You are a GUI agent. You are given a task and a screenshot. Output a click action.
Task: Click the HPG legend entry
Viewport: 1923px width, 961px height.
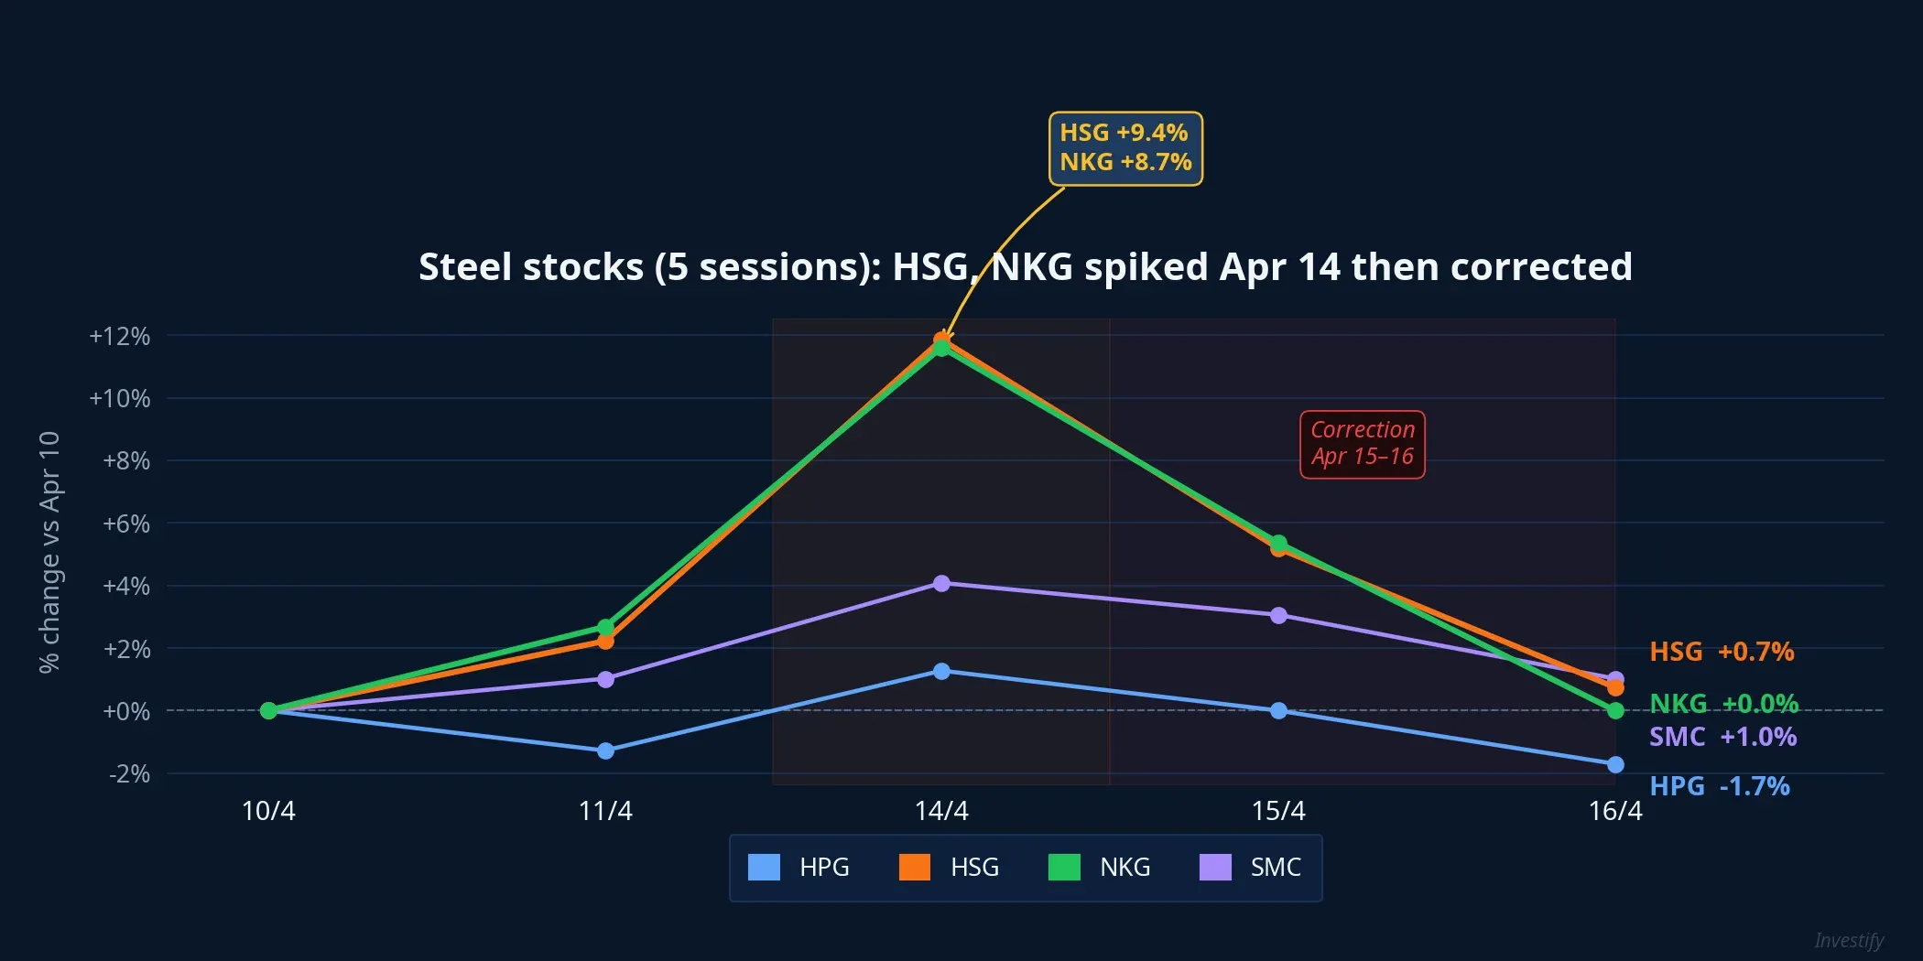[799, 867]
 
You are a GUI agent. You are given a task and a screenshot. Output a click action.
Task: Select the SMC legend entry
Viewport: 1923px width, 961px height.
[1250, 867]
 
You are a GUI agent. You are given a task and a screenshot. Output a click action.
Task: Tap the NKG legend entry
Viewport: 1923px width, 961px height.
[1099, 867]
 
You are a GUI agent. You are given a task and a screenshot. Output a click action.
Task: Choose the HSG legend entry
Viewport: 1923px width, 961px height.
[950, 867]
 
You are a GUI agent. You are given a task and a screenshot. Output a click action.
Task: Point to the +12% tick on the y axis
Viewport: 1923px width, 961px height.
[120, 336]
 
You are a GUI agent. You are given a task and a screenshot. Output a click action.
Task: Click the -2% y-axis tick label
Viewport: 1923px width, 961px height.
[129, 774]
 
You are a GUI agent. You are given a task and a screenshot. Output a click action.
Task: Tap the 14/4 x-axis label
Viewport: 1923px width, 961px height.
[941, 811]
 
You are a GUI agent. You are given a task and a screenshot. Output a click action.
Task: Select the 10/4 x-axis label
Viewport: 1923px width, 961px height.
[268, 811]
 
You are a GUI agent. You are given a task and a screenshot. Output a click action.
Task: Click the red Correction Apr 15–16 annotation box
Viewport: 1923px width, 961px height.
[1362, 444]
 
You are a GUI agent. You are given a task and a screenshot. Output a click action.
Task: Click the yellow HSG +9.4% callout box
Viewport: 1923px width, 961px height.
[1125, 148]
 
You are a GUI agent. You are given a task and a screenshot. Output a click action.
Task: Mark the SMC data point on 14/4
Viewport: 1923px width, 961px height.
[941, 584]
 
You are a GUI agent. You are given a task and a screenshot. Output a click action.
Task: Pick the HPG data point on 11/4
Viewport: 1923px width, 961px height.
[605, 750]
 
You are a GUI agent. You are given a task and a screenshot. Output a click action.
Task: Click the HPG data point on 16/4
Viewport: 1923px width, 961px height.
[1615, 764]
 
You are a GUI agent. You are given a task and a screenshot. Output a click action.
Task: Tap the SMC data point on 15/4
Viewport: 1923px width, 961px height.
[1278, 615]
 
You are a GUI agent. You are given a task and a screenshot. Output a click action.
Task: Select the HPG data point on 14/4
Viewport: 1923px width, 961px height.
[941, 671]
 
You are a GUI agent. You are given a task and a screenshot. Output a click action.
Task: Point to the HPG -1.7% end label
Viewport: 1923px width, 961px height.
[1719, 786]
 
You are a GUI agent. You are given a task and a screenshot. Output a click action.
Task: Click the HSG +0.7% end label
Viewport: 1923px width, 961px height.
[1721, 652]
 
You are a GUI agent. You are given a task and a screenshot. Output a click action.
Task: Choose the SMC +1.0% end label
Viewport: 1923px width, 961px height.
[1722, 737]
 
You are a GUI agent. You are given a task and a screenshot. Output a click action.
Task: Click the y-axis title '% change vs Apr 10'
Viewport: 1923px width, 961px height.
[49, 552]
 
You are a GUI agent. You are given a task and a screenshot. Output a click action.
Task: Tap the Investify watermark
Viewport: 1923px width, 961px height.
[1849, 940]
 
